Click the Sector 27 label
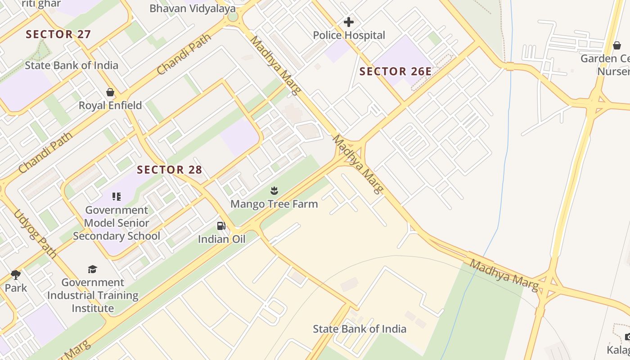point(58,34)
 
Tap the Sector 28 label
point(169,170)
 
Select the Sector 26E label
point(395,71)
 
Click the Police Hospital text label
point(349,35)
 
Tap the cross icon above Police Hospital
point(348,22)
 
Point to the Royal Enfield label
point(110,105)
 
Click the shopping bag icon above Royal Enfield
point(110,92)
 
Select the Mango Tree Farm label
point(274,204)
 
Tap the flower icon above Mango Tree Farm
point(274,191)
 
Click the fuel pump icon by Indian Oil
point(221,226)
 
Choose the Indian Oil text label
point(221,239)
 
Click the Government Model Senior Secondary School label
point(117,223)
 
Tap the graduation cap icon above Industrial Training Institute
point(92,269)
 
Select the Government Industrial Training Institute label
point(93,295)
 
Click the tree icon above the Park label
point(16,274)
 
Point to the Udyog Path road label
point(36,234)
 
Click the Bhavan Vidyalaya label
point(192,8)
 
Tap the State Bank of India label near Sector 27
point(71,65)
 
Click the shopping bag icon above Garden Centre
point(617,45)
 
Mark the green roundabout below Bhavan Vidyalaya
point(233,17)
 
